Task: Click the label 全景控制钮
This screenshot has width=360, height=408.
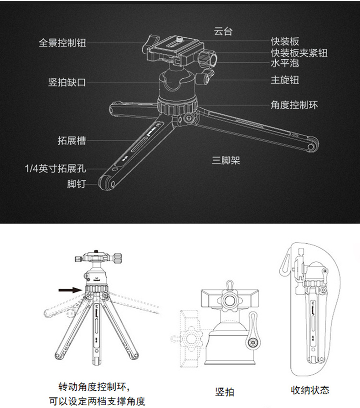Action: pos(62,43)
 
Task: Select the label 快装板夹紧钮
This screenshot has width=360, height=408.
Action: pos(299,53)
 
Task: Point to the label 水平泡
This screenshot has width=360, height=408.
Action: pos(285,63)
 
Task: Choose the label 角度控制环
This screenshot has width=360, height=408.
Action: pos(294,105)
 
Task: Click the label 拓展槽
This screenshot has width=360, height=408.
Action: pos(72,140)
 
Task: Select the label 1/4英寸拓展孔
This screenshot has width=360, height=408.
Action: pos(55,169)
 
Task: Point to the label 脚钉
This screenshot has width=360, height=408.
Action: pos(76,184)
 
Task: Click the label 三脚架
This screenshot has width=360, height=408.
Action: pos(226,160)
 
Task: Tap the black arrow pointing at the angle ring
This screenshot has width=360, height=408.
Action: pos(67,289)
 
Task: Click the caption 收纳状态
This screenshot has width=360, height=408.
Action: pos(310,390)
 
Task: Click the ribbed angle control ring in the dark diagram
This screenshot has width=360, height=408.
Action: pos(178,106)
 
